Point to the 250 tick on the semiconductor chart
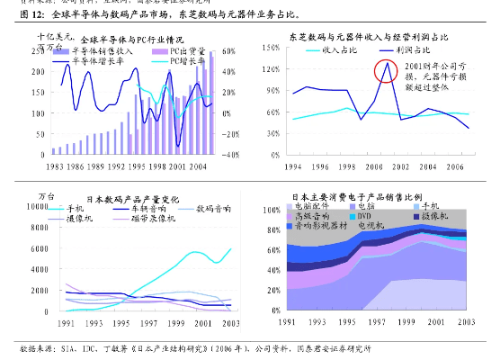42,49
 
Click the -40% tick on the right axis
230,155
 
